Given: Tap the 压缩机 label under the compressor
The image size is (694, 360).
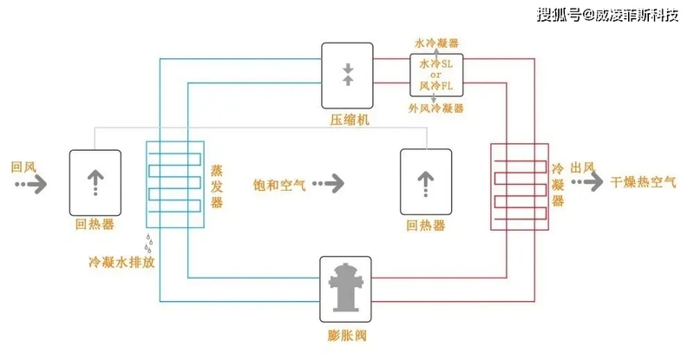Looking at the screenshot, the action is pyautogui.click(x=350, y=120).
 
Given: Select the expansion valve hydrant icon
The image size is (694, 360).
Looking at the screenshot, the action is pyautogui.click(x=345, y=287).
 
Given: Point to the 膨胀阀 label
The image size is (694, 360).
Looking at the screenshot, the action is pyautogui.click(x=347, y=335).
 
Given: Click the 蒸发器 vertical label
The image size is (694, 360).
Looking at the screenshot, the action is pyautogui.click(x=216, y=187).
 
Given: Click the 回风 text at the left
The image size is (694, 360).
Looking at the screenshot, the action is pyautogui.click(x=23, y=167).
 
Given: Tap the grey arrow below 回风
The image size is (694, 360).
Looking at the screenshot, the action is pyautogui.click(x=31, y=184).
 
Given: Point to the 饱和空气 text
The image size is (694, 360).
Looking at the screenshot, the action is pyautogui.click(x=279, y=185).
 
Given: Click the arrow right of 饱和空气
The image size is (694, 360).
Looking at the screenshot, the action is pyautogui.click(x=329, y=183).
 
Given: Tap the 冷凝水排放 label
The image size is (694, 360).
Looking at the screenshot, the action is pyautogui.click(x=121, y=262).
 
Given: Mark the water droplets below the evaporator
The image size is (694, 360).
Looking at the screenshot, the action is pyautogui.click(x=149, y=243).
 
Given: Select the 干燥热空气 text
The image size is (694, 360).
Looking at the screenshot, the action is pyautogui.click(x=643, y=181).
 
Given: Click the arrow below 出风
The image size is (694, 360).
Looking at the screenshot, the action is pyautogui.click(x=587, y=181).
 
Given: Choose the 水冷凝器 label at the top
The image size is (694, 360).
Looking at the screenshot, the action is pyautogui.click(x=436, y=43).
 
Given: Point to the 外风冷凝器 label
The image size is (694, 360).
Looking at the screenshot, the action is pyautogui.click(x=436, y=108).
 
